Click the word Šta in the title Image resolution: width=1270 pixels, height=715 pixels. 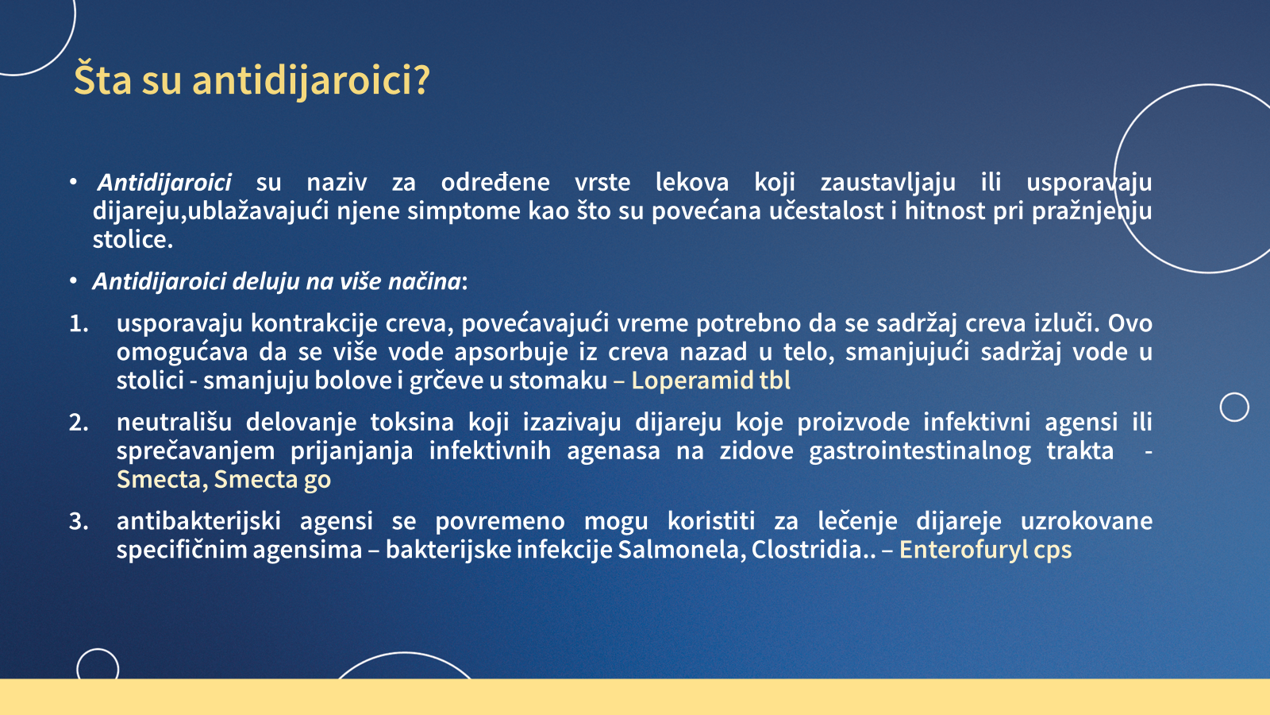pyautogui.click(x=102, y=79)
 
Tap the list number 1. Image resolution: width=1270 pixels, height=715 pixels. pyautogui.click(x=79, y=323)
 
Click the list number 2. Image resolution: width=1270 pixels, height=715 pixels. pyautogui.click(x=79, y=423)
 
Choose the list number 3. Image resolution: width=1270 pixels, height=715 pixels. pyautogui.click(x=79, y=521)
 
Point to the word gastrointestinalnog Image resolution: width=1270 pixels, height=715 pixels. pyautogui.click(x=920, y=452)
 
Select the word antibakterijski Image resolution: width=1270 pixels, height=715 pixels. pyautogui.click(x=198, y=522)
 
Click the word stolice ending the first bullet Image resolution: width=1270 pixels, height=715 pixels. pyautogui.click(x=133, y=239)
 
